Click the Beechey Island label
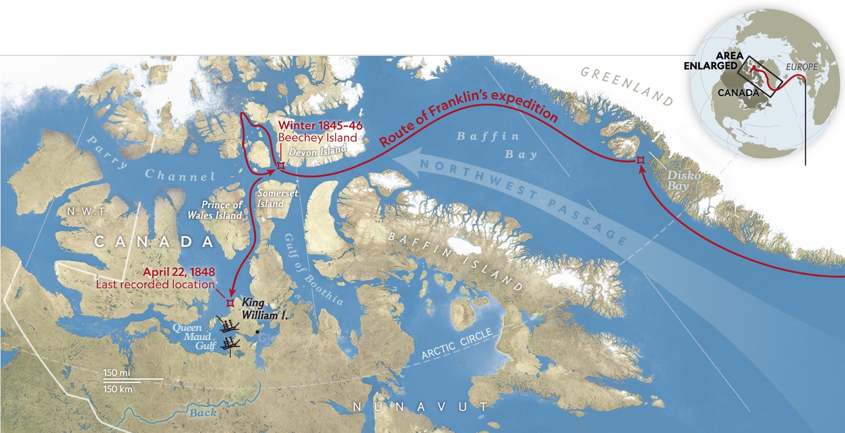[x=317, y=138]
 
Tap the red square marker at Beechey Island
[x=281, y=165]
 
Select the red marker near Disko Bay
[x=640, y=159]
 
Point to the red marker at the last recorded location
[x=230, y=303]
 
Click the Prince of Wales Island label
[x=215, y=210]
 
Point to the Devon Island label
[x=317, y=151]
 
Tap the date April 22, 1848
[x=179, y=272]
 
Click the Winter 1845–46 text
[x=321, y=126]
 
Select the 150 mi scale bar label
[x=117, y=373]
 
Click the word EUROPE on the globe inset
[x=801, y=67]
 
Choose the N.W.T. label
[x=87, y=211]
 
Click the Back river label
[x=203, y=413]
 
